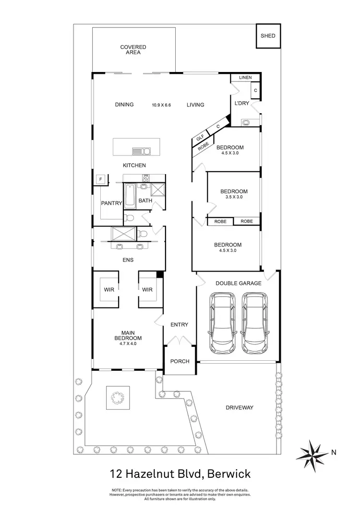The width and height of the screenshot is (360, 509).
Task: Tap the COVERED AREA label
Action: (133, 50)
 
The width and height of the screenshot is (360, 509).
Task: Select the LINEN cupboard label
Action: (245, 78)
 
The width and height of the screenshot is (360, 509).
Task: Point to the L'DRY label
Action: (241, 104)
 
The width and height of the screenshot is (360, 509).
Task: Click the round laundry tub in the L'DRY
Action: (246, 122)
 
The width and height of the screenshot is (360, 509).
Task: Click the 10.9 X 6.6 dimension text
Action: (162, 105)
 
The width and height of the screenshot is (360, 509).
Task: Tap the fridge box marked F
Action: (100, 179)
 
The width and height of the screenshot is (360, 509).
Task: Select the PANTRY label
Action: (111, 203)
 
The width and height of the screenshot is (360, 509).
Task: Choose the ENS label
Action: (128, 260)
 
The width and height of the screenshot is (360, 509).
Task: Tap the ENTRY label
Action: (179, 325)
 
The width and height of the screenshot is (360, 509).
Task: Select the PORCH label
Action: (180, 361)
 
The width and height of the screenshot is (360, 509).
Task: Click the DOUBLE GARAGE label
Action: (238, 283)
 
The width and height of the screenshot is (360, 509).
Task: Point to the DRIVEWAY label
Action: (239, 408)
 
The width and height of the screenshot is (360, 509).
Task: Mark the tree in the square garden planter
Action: (116, 397)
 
